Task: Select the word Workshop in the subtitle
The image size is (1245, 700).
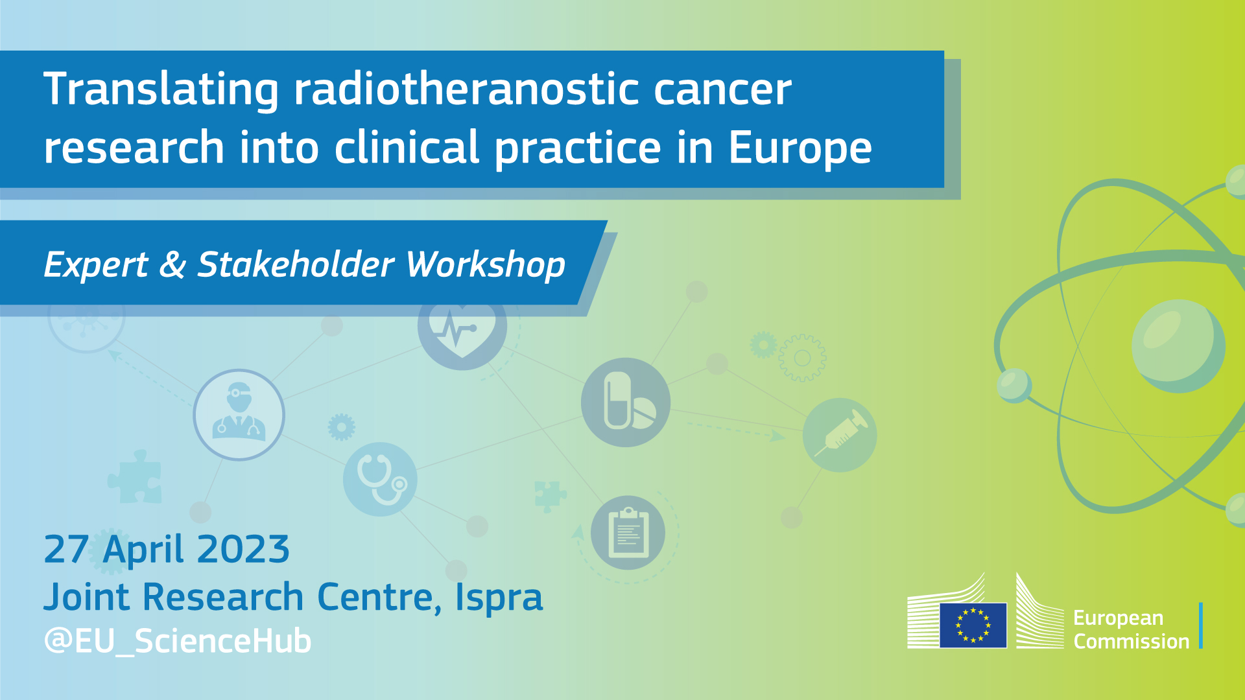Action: point(485,266)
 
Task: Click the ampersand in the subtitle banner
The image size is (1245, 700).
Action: point(172,264)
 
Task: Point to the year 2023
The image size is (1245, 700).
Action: point(243,550)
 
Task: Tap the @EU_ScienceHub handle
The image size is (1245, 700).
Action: point(177,641)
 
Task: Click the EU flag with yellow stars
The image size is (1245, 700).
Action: point(973,625)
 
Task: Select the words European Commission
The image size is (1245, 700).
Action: point(1131,629)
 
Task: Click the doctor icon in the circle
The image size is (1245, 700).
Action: point(239,415)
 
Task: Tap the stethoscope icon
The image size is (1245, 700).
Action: point(380,479)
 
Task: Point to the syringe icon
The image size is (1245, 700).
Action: point(840,435)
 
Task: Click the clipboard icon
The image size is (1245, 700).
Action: point(628,533)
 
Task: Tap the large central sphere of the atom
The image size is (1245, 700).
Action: point(1178,346)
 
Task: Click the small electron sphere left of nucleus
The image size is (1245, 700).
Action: point(1014,385)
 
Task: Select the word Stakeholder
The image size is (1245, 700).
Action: point(296,264)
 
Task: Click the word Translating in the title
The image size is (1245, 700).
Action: point(161,91)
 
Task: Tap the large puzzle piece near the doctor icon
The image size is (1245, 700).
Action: point(135,476)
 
